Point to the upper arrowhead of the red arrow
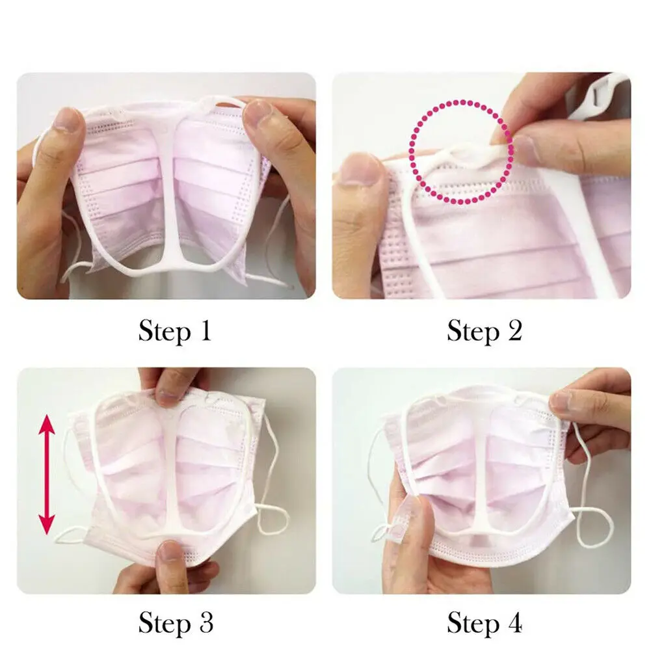(x=46, y=426)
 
